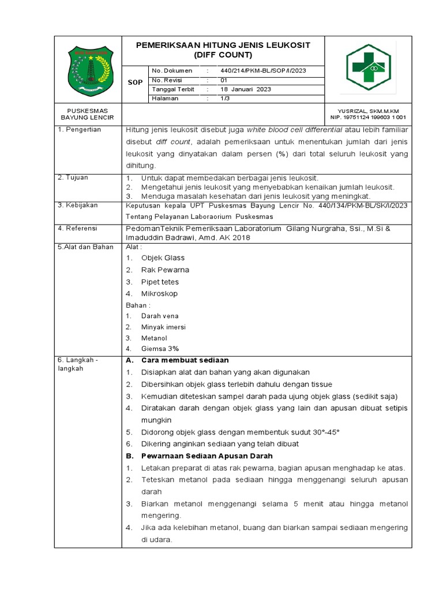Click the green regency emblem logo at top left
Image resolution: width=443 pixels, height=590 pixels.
(x=88, y=71)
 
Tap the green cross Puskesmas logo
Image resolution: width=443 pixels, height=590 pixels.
(x=368, y=67)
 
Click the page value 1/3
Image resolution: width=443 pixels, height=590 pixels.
(x=224, y=99)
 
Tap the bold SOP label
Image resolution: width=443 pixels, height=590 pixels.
(x=135, y=82)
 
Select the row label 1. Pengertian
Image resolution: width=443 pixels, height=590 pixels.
(x=80, y=130)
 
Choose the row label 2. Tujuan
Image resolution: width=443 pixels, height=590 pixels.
(x=73, y=177)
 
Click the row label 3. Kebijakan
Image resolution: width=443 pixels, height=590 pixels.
(x=78, y=205)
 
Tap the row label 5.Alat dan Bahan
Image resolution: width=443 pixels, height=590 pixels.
(x=85, y=247)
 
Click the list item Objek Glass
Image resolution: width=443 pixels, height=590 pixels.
(x=163, y=258)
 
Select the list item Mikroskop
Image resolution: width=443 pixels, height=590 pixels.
(x=159, y=293)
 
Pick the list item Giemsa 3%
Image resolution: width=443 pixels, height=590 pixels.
(x=160, y=349)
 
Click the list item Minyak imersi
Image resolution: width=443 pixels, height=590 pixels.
(x=163, y=327)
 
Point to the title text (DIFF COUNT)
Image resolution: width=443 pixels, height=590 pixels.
(x=223, y=55)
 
